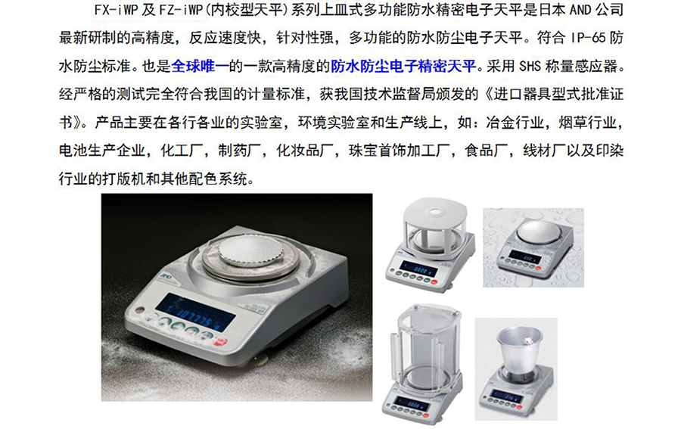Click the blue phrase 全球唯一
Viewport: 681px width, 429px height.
click(201, 66)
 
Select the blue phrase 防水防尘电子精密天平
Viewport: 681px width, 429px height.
click(403, 66)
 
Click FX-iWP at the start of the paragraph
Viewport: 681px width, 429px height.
click(116, 10)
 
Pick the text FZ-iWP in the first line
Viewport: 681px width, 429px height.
click(181, 10)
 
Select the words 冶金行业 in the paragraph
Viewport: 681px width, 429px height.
click(515, 123)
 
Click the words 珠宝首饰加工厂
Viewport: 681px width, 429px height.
click(399, 151)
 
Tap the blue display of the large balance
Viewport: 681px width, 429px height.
click(195, 312)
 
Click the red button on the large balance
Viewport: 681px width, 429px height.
click(222, 342)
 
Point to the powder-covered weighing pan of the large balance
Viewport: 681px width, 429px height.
click(250, 251)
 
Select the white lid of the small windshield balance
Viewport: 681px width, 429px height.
click(436, 214)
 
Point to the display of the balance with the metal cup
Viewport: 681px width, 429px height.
click(505, 396)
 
